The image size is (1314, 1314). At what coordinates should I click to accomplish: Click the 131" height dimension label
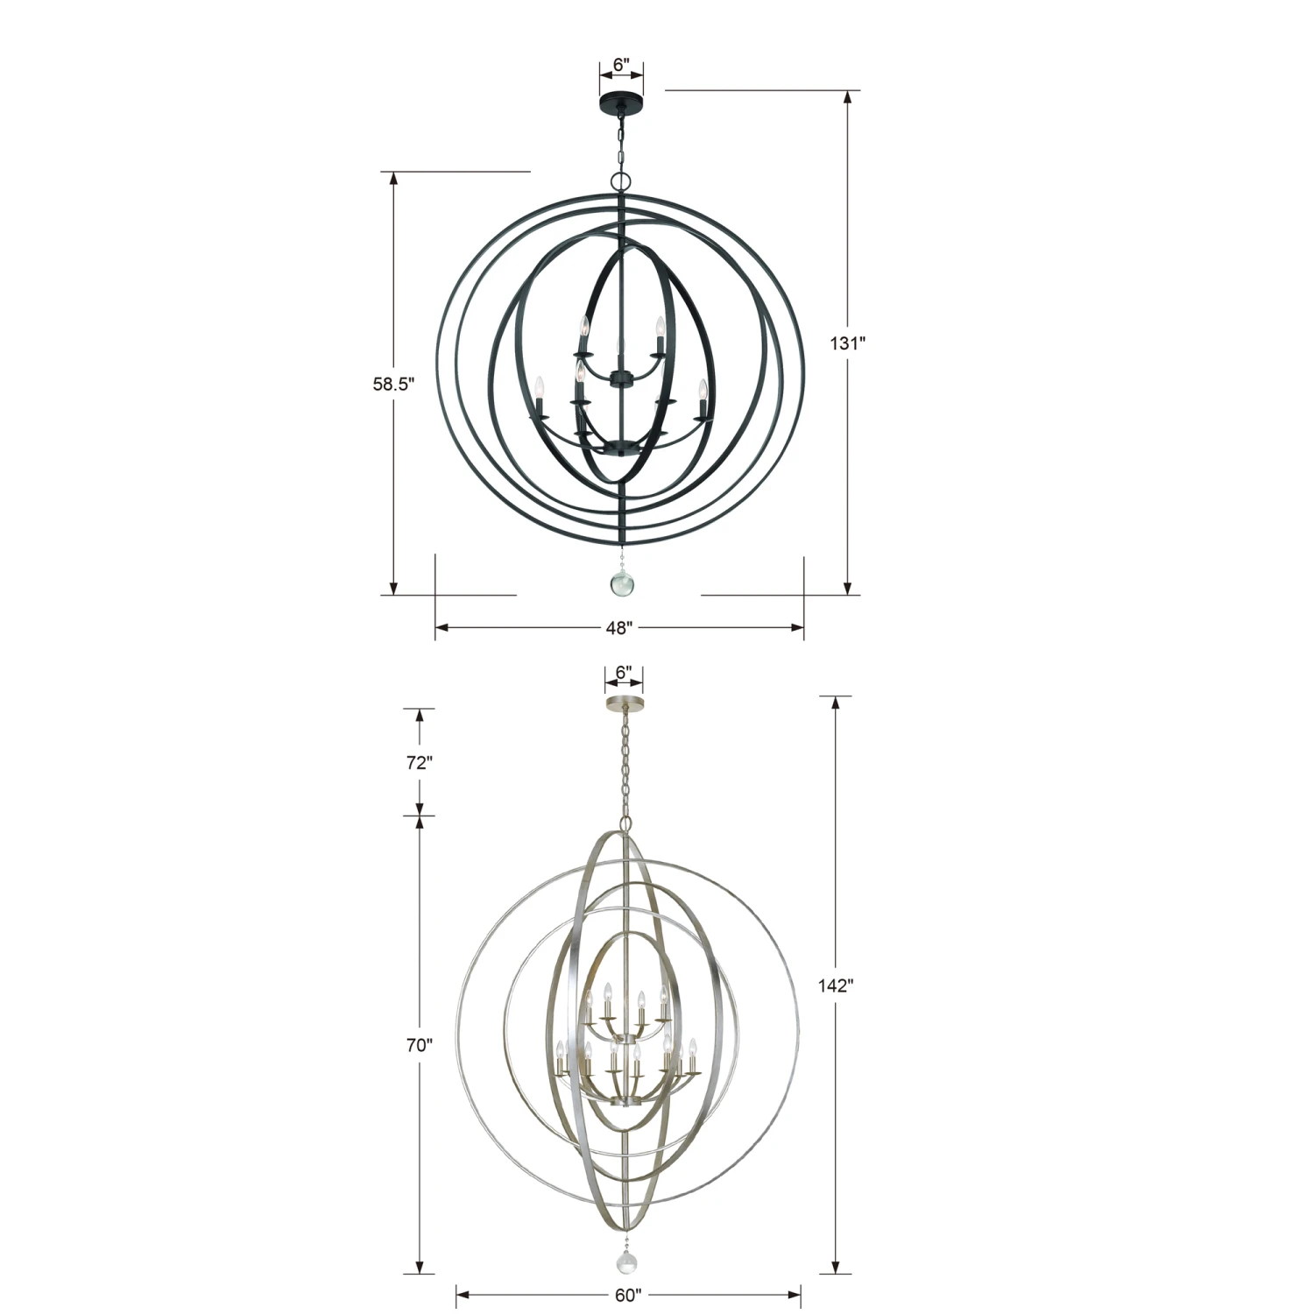[x=847, y=343]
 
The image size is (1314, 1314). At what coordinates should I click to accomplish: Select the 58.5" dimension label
[x=393, y=383]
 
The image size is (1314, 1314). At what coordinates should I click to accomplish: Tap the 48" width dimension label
[x=618, y=627]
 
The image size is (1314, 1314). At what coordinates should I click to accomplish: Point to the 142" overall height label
[x=836, y=985]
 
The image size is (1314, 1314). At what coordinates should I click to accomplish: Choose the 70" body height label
[x=420, y=1045]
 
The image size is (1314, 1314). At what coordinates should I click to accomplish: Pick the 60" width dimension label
[x=628, y=1295]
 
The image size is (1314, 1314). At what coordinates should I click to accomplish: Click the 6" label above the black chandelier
[x=621, y=65]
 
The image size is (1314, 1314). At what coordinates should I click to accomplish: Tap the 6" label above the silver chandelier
[x=624, y=672]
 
